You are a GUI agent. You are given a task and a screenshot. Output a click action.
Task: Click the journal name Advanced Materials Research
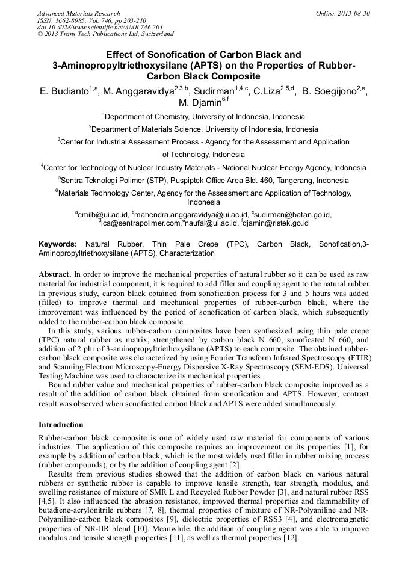coord(78,13)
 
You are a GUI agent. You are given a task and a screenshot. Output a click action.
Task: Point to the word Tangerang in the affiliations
coord(292,180)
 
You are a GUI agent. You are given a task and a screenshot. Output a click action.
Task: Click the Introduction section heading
coord(61,425)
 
